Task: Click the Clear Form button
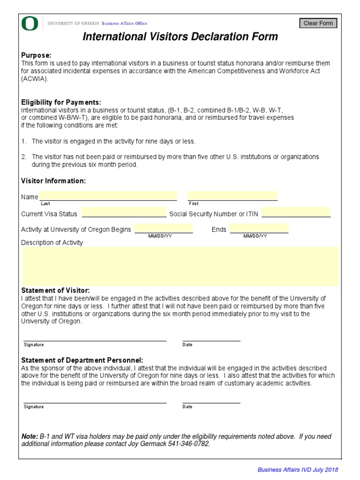(318, 23)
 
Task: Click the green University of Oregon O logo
(29, 23)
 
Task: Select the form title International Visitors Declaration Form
(180, 37)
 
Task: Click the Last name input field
(108, 195)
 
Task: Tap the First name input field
(232, 195)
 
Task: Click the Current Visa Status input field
(124, 212)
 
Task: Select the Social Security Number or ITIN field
(296, 212)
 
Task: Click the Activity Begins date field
(163, 228)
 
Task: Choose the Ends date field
(259, 228)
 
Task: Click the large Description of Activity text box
(180, 266)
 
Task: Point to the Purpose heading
(36, 55)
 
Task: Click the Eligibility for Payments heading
(61, 102)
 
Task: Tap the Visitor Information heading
(53, 181)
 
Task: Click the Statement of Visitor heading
(55, 291)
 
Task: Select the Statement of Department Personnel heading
(82, 360)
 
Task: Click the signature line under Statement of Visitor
(95, 337)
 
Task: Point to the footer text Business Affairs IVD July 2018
(298, 470)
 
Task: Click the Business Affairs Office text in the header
(124, 23)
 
